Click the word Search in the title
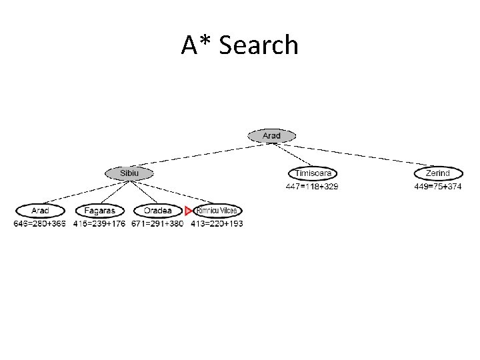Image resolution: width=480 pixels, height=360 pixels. click(x=258, y=45)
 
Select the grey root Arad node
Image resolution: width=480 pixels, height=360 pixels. click(x=271, y=135)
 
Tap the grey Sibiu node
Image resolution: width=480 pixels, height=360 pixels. click(x=129, y=173)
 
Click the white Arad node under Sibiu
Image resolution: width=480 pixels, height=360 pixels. click(x=40, y=211)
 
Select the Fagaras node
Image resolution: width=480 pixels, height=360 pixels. click(x=99, y=211)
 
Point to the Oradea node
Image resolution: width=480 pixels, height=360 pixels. click(x=157, y=211)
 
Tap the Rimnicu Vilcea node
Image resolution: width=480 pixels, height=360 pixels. click(x=217, y=211)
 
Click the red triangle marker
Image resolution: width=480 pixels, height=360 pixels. click(x=189, y=211)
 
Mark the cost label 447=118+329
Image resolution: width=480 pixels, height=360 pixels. click(x=311, y=187)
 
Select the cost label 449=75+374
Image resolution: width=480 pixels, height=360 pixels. click(x=437, y=187)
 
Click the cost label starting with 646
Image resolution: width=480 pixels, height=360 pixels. click(x=40, y=224)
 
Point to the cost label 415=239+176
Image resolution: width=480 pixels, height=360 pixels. click(x=99, y=224)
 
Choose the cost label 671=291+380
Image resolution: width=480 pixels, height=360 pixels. click(x=157, y=224)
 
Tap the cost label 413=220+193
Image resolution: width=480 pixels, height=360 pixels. click(x=217, y=224)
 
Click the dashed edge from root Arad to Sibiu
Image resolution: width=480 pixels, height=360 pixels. click(x=200, y=154)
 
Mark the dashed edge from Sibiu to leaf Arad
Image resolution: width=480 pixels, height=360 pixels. click(x=85, y=192)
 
